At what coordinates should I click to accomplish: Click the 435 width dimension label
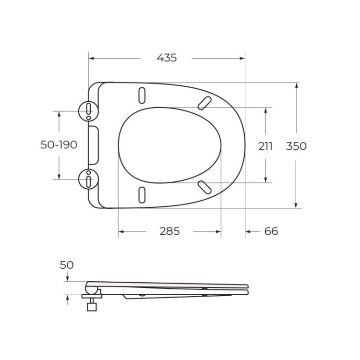tap(167, 58)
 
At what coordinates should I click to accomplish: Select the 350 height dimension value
tap(296, 146)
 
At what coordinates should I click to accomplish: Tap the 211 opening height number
tap(265, 146)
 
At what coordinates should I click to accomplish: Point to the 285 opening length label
tap(169, 231)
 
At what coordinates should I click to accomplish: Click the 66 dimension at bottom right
tap(271, 231)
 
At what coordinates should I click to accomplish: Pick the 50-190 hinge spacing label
tap(59, 144)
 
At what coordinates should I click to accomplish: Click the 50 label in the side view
tap(67, 264)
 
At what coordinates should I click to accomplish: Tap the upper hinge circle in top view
tap(88, 111)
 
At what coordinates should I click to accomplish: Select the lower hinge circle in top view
tap(88, 179)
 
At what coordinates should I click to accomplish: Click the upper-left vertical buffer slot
tap(143, 95)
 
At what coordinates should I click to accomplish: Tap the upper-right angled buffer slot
tap(204, 102)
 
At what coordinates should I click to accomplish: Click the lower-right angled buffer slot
tap(204, 187)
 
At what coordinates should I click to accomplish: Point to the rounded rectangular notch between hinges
tap(94, 144)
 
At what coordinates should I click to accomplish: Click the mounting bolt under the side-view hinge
tap(91, 304)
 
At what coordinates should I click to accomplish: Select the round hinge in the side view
tap(91, 288)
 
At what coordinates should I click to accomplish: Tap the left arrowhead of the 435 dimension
tap(91, 59)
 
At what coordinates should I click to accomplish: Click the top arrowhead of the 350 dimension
tap(297, 85)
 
